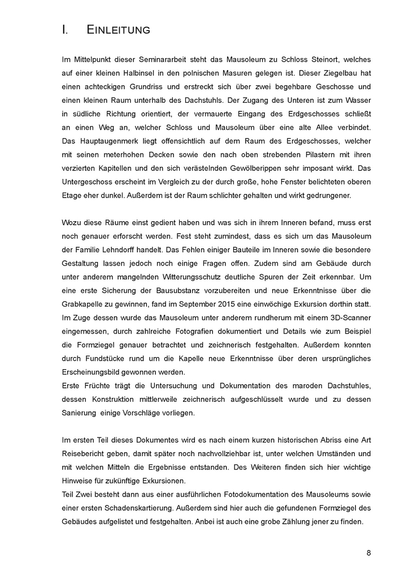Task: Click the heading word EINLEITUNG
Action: pos(119,30)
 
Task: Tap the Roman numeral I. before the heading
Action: pos(65,30)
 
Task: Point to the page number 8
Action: pos(368,553)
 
